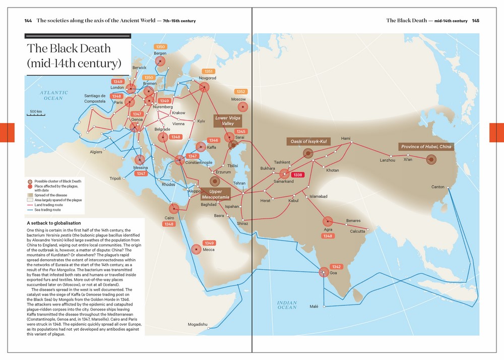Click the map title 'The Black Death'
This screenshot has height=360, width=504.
[x=69, y=48]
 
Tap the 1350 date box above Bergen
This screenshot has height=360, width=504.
[x=160, y=47]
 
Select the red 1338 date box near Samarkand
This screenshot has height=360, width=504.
[x=298, y=175]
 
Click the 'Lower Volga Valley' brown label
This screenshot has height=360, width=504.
[x=228, y=121]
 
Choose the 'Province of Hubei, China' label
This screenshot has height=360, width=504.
[x=426, y=147]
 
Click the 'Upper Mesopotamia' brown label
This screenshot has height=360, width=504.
[x=215, y=194]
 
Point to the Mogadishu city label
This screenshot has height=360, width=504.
[x=198, y=324]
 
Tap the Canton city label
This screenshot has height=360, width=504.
[x=437, y=187]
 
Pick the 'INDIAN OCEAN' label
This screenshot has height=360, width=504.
[x=287, y=305]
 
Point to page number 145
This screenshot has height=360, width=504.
[x=475, y=21]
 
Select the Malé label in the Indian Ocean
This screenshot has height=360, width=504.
[x=313, y=306]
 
